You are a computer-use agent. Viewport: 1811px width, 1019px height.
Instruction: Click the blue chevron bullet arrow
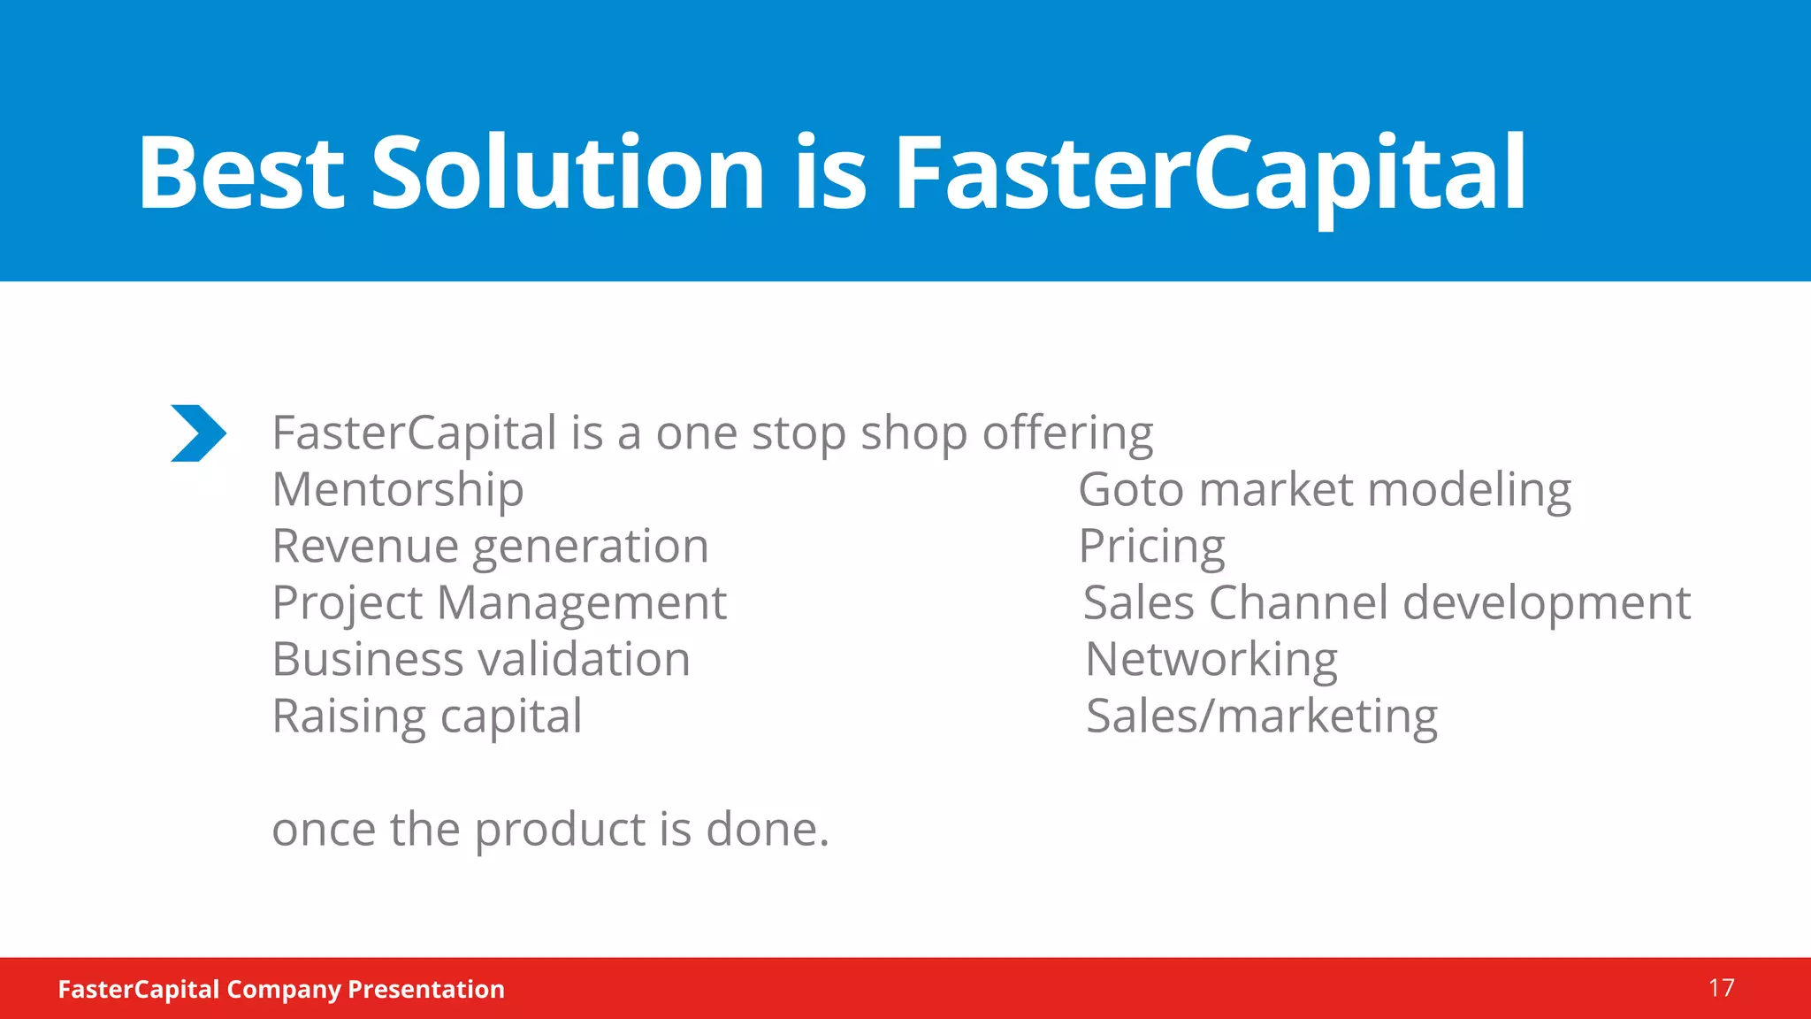[198, 433]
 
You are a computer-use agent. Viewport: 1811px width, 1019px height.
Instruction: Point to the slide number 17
[1721, 988]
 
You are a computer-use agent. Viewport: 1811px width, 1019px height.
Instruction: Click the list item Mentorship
[398, 490]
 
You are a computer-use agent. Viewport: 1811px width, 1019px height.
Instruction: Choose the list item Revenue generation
[490, 547]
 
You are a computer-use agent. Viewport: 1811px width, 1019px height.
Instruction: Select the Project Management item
[499, 603]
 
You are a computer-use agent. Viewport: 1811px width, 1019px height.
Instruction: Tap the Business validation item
[481, 660]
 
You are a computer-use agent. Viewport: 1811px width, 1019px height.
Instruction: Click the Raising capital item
[427, 716]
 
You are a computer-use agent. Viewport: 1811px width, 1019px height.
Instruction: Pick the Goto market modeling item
[1325, 490]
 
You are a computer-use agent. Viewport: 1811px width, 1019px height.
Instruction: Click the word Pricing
[1151, 547]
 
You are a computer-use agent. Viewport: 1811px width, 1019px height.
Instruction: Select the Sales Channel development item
[1387, 603]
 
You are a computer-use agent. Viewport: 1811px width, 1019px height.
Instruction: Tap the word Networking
[1211, 660]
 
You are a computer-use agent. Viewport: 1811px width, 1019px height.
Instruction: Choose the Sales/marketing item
[1262, 716]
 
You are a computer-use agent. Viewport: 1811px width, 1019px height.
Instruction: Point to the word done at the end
[766, 830]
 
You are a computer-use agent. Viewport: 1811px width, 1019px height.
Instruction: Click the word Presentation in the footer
[426, 989]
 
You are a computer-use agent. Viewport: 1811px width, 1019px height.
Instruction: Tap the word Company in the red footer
[283, 989]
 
